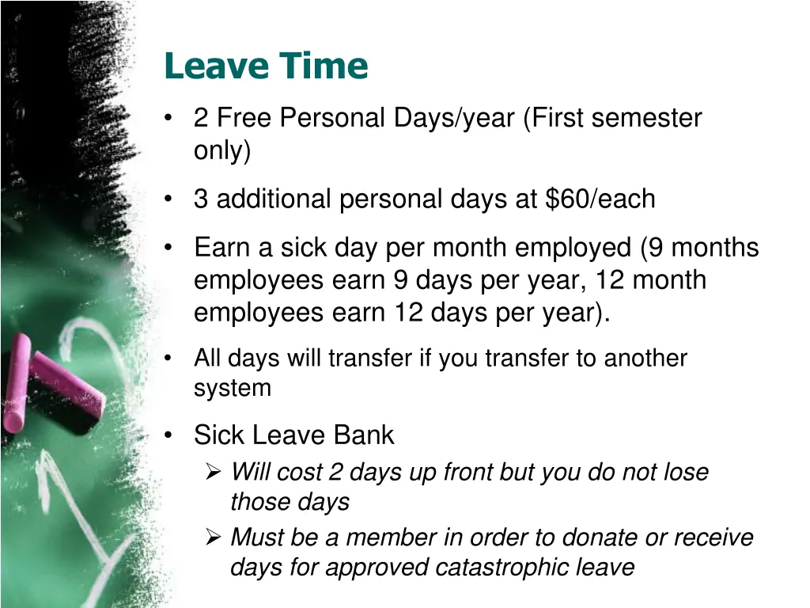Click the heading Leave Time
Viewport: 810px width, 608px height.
[266, 66]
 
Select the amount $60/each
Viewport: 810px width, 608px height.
[600, 199]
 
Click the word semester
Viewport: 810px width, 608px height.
[646, 118]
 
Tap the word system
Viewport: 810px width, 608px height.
[233, 388]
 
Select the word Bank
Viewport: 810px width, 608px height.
[364, 435]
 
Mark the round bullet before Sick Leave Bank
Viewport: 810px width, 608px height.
[168, 435]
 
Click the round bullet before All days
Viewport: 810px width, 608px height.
[168, 359]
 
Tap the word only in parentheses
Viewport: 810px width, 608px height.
[219, 150]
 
